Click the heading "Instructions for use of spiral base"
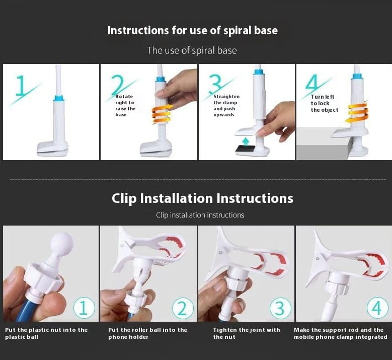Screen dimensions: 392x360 [x=193, y=31]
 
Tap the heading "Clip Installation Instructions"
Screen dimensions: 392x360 [x=202, y=198]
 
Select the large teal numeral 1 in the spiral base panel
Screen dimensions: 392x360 [x=21, y=86]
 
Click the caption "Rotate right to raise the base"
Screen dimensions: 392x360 [x=125, y=106]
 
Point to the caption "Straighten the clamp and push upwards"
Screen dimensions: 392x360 [x=226, y=106]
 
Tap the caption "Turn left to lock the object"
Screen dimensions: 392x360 [x=325, y=103]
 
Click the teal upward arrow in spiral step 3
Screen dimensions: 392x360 [x=246, y=141]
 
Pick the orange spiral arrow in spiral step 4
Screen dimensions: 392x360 [x=356, y=112]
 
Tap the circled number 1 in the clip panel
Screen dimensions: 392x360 [x=84, y=308]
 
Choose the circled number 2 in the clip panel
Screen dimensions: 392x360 [x=183, y=308]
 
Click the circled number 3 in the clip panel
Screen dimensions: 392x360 [x=280, y=308]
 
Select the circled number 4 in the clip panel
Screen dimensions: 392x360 [x=377, y=308]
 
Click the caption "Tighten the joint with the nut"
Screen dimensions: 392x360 [x=247, y=333]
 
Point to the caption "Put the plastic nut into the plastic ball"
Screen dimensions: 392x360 [x=46, y=333]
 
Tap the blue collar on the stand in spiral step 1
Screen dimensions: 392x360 [x=58, y=98]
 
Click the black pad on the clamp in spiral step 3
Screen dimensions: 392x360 [x=245, y=149]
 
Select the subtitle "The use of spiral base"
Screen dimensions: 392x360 [x=192, y=50]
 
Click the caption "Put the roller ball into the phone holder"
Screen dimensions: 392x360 [x=148, y=333]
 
